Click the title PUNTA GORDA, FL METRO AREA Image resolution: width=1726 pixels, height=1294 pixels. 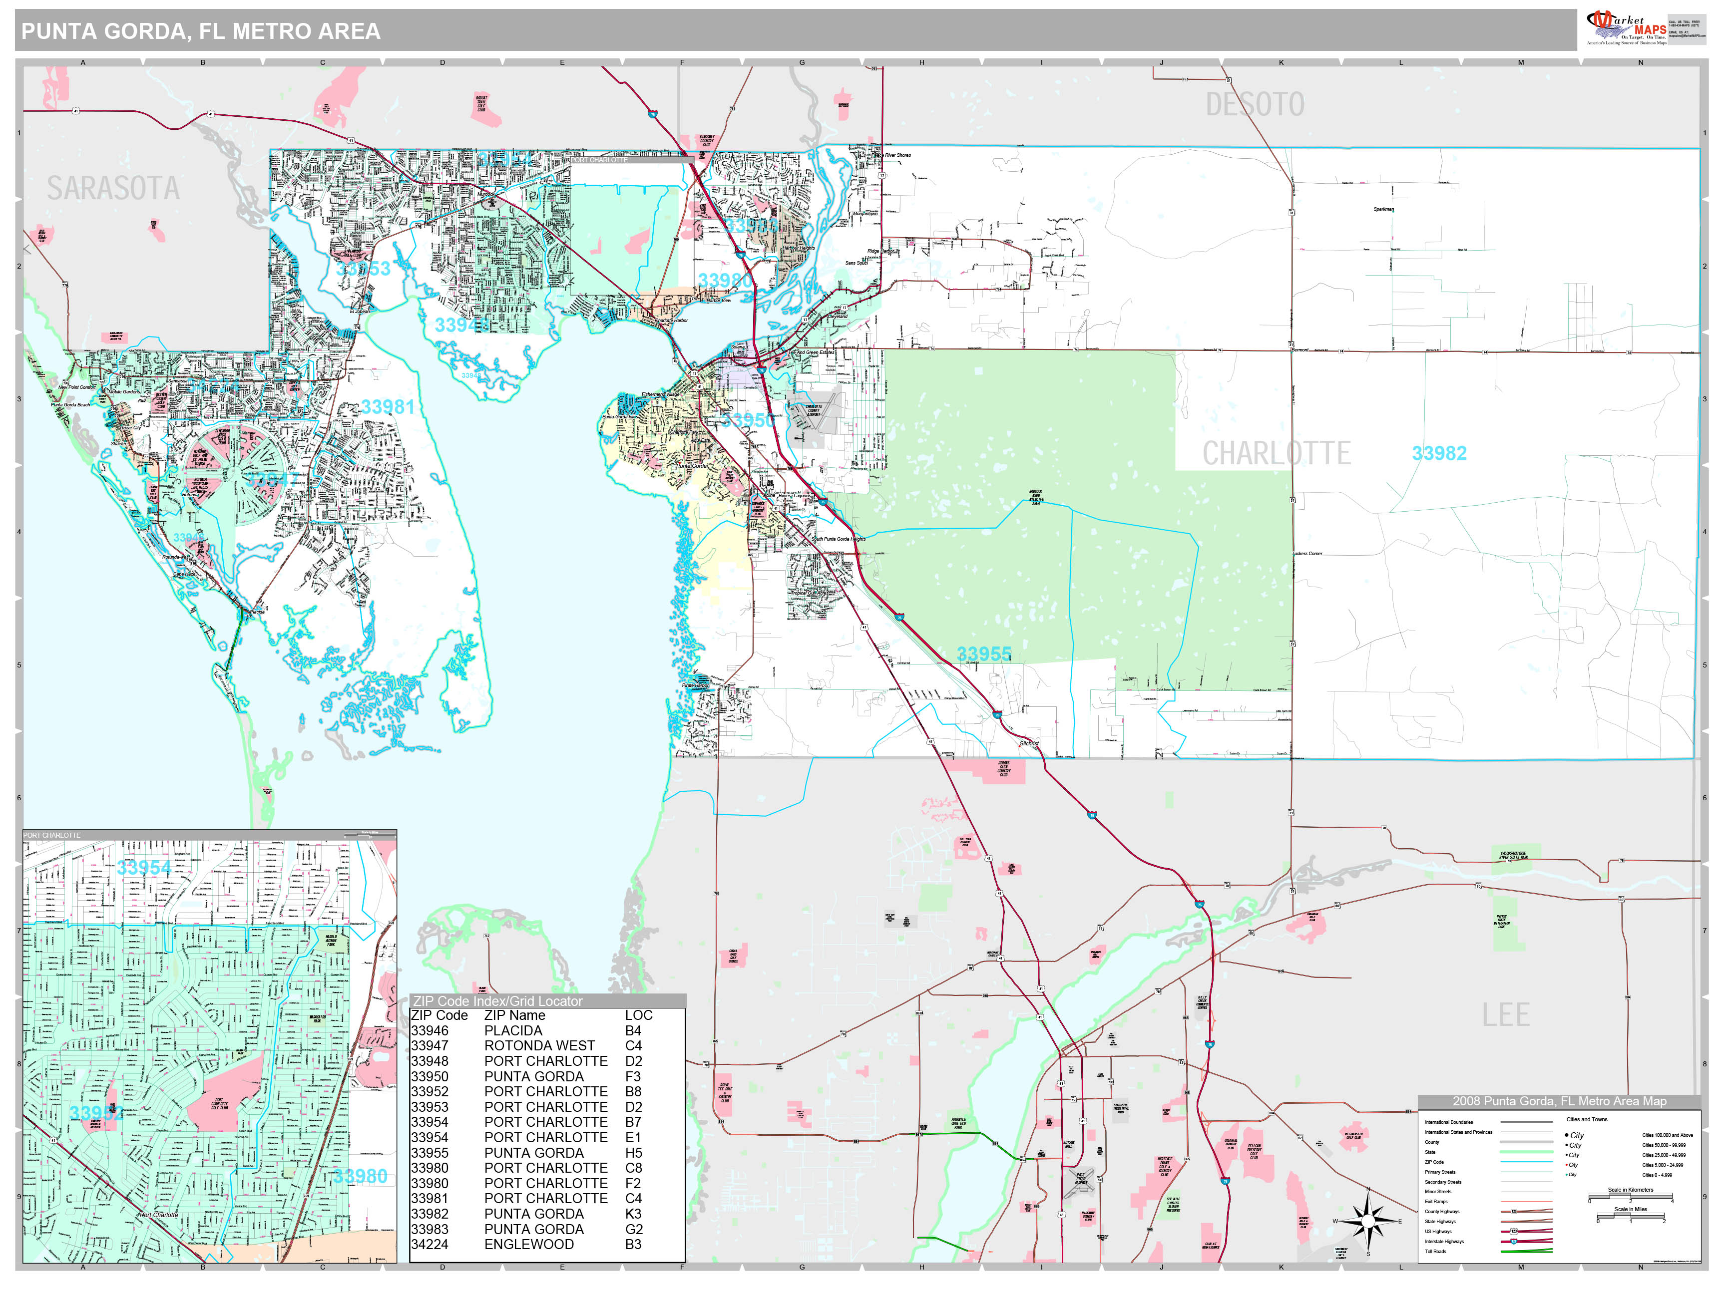(201, 31)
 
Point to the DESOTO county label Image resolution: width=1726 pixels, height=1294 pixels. (1255, 104)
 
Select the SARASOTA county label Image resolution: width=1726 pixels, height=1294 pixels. (113, 188)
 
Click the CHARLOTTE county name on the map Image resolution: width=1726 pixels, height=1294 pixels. (1276, 453)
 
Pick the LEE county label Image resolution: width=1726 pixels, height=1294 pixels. (1505, 1015)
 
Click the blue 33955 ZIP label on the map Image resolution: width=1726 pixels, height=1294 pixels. (984, 653)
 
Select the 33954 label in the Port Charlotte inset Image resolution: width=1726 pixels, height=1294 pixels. (143, 867)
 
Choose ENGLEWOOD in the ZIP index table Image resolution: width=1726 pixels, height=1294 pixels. (528, 1244)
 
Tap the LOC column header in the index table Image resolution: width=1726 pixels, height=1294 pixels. (638, 1015)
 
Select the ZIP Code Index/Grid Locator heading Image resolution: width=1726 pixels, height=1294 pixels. (498, 1001)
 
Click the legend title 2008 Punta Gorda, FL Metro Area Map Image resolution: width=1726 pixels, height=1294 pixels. (1559, 1101)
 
